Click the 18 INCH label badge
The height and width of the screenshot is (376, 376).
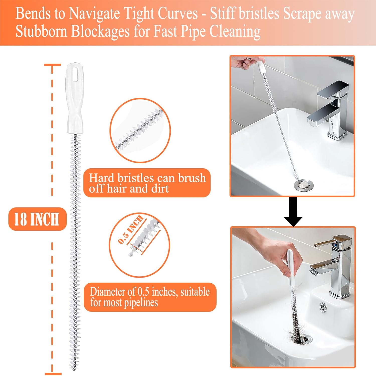click(x=37, y=219)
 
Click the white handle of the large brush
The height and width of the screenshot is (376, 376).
click(x=75, y=100)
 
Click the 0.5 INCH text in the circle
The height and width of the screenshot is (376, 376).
click(x=130, y=229)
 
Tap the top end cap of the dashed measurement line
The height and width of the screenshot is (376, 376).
click(x=52, y=65)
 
